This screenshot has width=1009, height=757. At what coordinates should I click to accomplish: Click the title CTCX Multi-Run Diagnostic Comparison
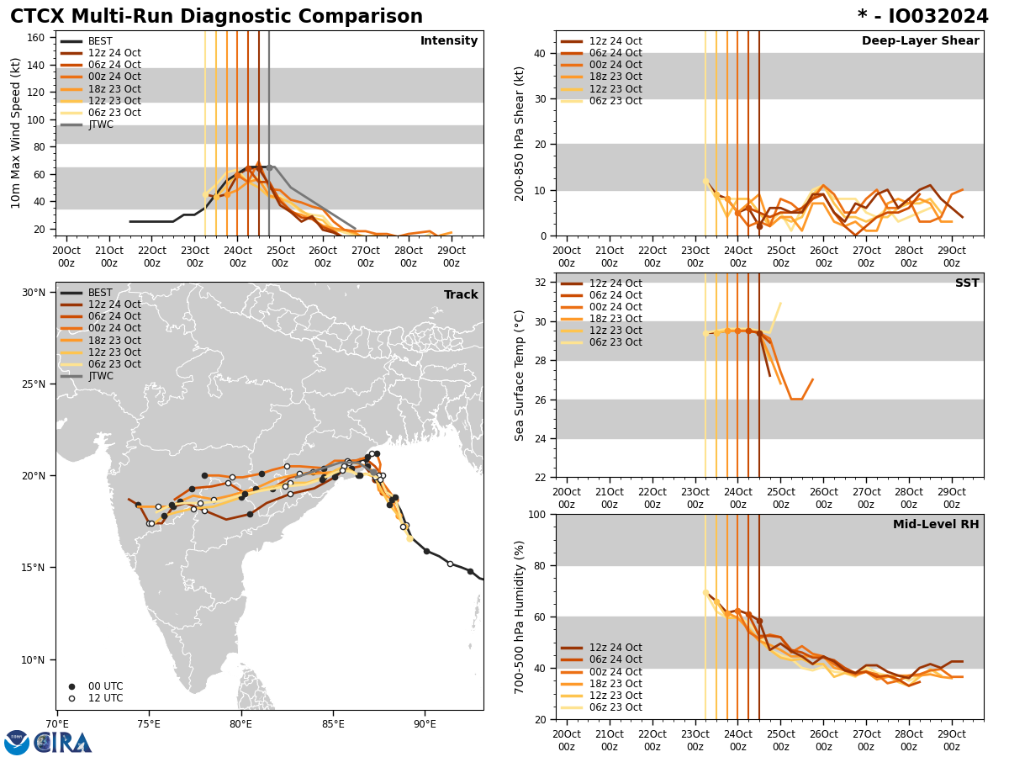coord(216,17)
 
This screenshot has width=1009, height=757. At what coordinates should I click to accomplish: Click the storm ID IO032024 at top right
coord(923,17)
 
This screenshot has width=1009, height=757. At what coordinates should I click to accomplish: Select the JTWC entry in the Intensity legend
coord(100,125)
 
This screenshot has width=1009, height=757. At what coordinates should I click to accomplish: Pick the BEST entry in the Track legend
coord(100,293)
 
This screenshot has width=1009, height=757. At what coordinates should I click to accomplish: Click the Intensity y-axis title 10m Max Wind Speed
coord(16,133)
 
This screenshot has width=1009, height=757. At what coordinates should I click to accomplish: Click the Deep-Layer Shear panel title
coord(920,41)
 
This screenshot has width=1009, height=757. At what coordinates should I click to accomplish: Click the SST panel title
coord(966,283)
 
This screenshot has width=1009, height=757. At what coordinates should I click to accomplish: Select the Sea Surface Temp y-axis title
coord(520,375)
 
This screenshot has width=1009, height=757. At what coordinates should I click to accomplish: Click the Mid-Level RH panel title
coord(936,525)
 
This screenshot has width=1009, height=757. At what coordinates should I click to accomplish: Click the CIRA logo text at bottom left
coord(63,742)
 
